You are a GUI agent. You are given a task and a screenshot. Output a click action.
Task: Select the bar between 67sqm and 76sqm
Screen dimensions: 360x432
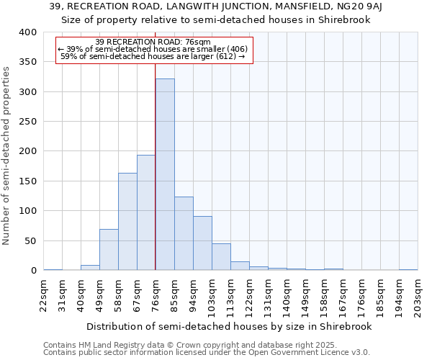[146, 212]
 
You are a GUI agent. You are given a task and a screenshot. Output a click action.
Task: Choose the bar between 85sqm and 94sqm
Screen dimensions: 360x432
[184, 234]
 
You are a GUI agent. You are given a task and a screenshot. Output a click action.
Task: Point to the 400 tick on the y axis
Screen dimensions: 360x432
[28, 32]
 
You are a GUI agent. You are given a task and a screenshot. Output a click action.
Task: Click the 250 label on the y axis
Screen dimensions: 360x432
[28, 122]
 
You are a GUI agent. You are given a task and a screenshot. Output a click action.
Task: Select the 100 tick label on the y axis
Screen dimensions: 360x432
[28, 211]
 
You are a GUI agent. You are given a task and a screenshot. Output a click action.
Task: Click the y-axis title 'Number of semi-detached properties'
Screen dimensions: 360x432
[6, 155]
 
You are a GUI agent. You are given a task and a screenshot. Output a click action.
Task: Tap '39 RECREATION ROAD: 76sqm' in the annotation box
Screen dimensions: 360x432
[153, 42]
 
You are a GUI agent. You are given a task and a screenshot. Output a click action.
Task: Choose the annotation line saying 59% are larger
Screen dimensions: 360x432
[153, 56]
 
